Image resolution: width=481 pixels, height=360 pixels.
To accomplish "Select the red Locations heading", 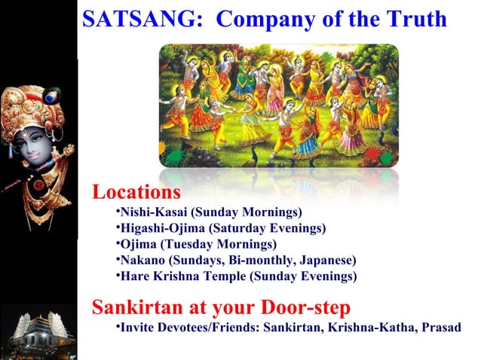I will pos(136,191).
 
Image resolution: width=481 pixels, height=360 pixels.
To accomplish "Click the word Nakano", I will pos(142,261).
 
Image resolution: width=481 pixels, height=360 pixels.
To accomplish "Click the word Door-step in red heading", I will pos(305,308).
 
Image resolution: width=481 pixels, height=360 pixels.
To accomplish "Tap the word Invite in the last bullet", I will pos(138,328).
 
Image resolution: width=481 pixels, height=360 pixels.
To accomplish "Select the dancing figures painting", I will pos(278,105).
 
